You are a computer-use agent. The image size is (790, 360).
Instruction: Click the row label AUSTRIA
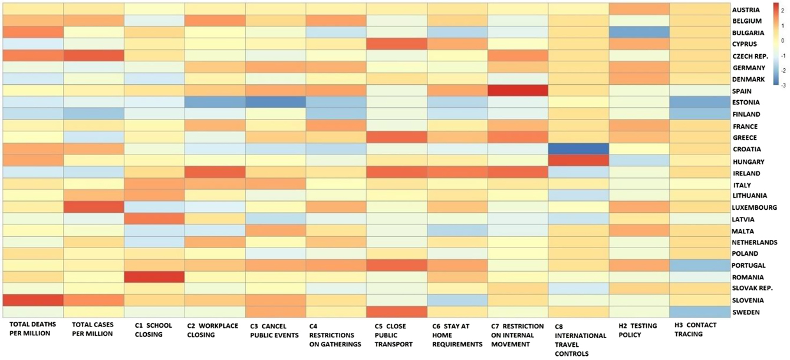[746, 10]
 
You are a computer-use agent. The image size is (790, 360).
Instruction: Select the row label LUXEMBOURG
[754, 207]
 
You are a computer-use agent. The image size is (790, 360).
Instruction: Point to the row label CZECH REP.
[749, 56]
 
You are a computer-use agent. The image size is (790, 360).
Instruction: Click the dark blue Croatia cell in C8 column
[578, 149]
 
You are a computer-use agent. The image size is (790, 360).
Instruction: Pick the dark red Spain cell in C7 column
[518, 91]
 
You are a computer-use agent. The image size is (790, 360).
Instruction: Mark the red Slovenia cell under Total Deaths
[33, 300]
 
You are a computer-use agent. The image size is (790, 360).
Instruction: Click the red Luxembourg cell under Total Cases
[94, 207]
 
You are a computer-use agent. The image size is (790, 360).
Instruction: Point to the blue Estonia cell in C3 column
[275, 103]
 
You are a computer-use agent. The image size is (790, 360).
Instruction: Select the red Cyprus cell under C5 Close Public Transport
[396, 44]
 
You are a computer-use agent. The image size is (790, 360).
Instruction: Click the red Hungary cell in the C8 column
[578, 161]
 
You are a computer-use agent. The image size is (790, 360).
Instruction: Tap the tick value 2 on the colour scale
[782, 11]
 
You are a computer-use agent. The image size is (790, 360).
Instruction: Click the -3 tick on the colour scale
[782, 85]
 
